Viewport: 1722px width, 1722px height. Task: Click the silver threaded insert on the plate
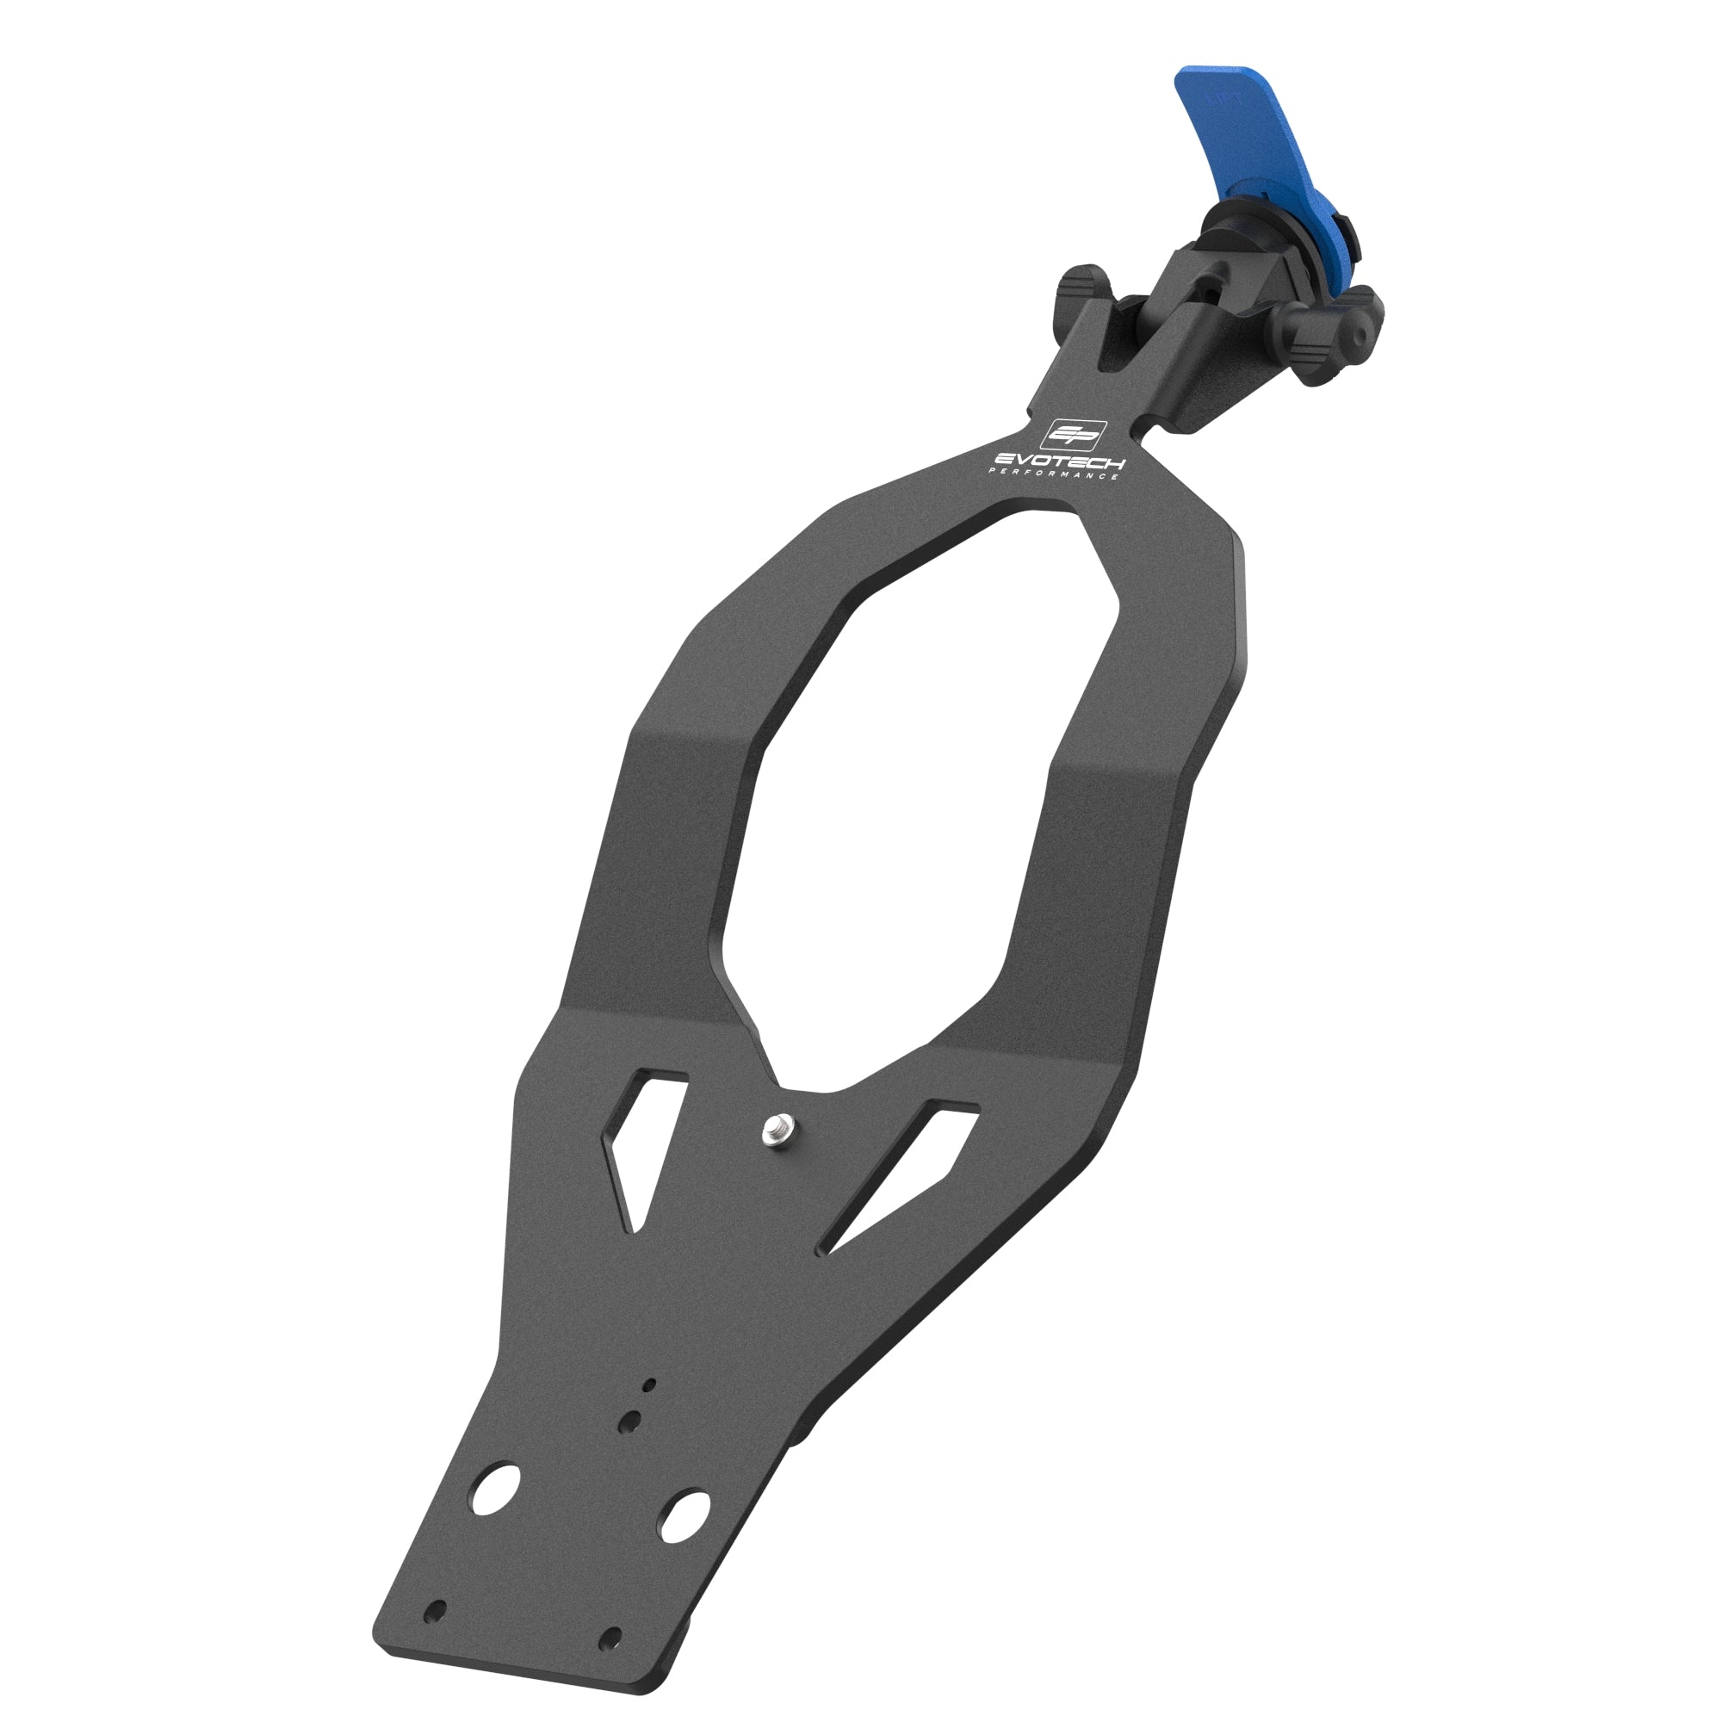777,1130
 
